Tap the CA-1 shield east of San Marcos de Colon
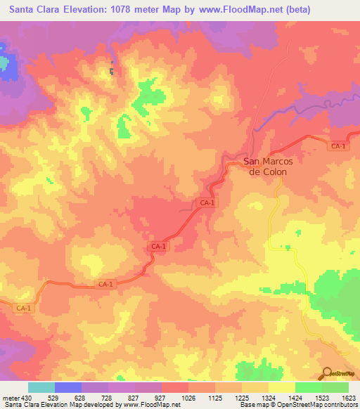(338, 145)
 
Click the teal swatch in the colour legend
(41, 387)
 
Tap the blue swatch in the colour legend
(68, 387)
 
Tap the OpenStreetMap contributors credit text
(320, 404)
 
